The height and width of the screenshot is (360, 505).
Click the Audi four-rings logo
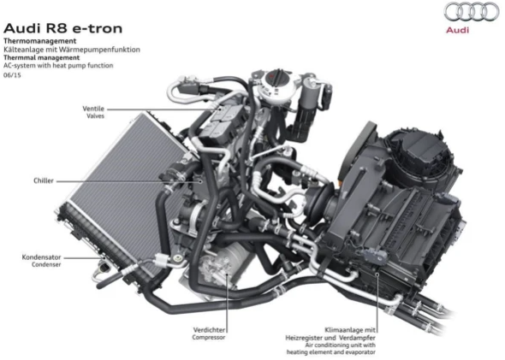471,12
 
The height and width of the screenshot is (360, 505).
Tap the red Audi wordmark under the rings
457,30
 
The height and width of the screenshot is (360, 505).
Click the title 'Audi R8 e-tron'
62,28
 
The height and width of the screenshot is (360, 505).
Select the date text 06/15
12,75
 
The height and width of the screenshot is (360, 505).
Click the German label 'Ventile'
93,109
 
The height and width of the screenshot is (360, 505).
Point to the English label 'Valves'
95,115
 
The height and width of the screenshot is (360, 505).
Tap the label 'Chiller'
44,180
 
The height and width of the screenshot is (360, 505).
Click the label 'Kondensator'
41,257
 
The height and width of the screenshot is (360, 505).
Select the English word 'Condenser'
46,264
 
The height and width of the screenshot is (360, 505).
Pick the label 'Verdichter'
209,330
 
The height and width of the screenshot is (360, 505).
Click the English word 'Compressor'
209,337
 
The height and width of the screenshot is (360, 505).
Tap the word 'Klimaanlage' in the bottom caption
344,330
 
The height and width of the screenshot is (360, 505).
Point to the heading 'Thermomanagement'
40,41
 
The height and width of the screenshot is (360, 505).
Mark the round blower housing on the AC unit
422,157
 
